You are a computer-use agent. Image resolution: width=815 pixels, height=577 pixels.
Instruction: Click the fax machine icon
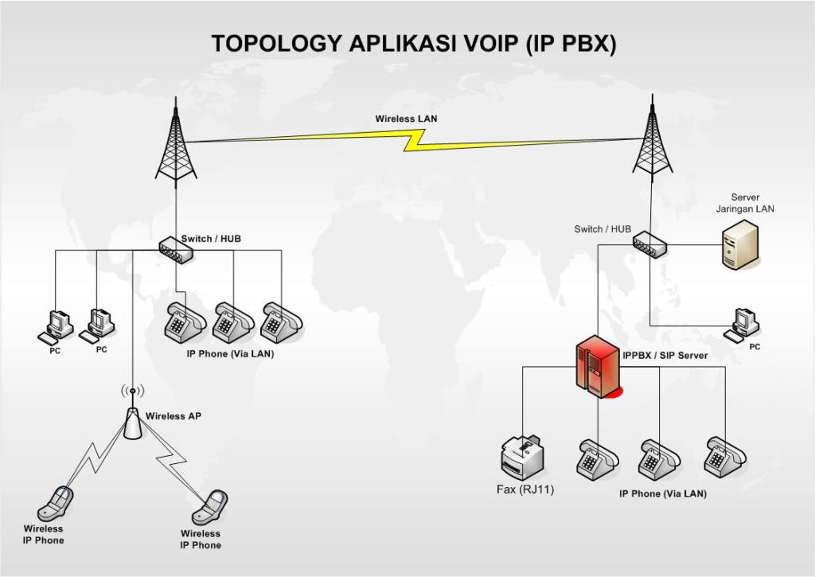tap(521, 457)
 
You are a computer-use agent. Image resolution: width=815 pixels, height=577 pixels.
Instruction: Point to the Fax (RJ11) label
tap(525, 489)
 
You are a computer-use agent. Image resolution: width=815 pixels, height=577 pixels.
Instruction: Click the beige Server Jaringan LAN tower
tap(739, 244)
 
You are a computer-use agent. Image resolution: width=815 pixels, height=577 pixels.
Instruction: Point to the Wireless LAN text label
tap(406, 119)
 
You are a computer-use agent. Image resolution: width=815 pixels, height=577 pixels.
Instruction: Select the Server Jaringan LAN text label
tap(745, 203)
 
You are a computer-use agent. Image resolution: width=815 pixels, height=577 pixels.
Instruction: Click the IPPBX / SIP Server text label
tap(665, 355)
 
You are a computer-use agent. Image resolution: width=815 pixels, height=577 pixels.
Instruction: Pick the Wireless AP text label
tap(173, 415)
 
